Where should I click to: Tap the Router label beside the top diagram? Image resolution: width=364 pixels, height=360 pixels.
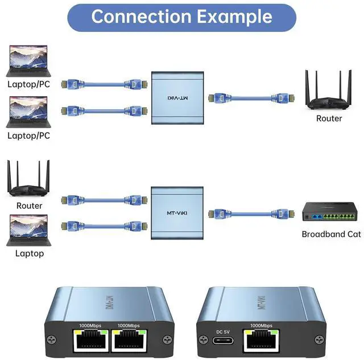329,118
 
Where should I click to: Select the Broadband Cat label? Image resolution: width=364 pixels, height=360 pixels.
331,234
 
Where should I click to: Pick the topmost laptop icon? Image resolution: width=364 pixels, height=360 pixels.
28,62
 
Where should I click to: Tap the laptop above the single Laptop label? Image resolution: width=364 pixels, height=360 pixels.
28,230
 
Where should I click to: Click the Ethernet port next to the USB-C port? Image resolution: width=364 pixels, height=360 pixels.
260,340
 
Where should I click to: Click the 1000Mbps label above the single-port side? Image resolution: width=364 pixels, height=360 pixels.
259,325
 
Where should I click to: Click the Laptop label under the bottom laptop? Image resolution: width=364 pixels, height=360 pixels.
29,253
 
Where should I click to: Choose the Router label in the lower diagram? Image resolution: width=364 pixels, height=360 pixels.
29,205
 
